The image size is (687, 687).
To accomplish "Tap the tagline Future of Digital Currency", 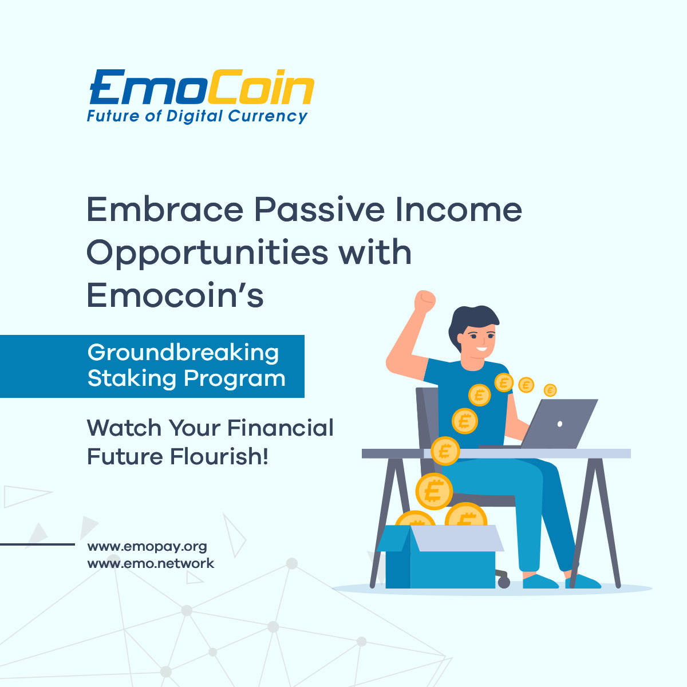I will [x=197, y=116].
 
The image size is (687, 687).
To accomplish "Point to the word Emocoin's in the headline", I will [x=175, y=296].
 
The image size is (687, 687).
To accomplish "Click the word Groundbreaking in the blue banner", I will [x=183, y=353].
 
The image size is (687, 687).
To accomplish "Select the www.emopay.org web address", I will [x=147, y=546].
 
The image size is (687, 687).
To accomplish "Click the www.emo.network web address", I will [x=151, y=563].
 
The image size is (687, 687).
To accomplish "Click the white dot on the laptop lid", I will [x=559, y=424].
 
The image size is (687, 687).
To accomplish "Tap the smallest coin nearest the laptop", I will [x=550, y=390].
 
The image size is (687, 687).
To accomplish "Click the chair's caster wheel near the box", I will [x=504, y=582].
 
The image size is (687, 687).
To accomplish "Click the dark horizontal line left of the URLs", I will [x=37, y=544].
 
